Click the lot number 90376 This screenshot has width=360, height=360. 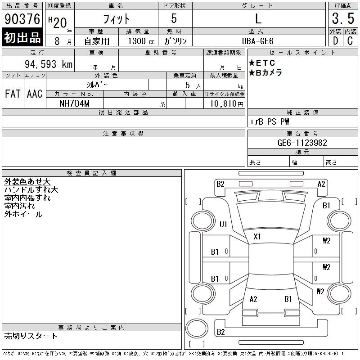point(22,18)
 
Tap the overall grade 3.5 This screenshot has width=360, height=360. point(343,18)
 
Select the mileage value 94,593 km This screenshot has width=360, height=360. point(49,64)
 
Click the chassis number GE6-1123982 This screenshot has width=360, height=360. point(302,143)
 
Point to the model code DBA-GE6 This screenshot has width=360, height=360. point(257,41)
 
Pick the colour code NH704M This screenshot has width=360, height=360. point(74,103)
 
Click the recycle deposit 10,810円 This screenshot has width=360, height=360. point(226,104)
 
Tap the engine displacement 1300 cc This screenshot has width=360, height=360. point(141,41)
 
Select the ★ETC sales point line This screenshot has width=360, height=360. point(262,63)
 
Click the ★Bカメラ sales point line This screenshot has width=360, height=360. point(265,72)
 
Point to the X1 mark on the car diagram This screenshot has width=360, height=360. point(257,237)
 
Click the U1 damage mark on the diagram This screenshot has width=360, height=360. point(223,224)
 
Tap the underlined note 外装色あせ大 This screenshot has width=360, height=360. point(27,182)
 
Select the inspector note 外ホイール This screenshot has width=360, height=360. point(23,214)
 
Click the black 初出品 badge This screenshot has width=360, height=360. point(22,37)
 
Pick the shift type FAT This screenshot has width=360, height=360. point(13,94)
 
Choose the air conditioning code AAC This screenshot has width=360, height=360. point(35,94)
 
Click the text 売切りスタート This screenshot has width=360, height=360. point(31,336)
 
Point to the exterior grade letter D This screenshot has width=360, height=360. point(335,41)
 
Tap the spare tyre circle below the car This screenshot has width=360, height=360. point(197,328)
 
